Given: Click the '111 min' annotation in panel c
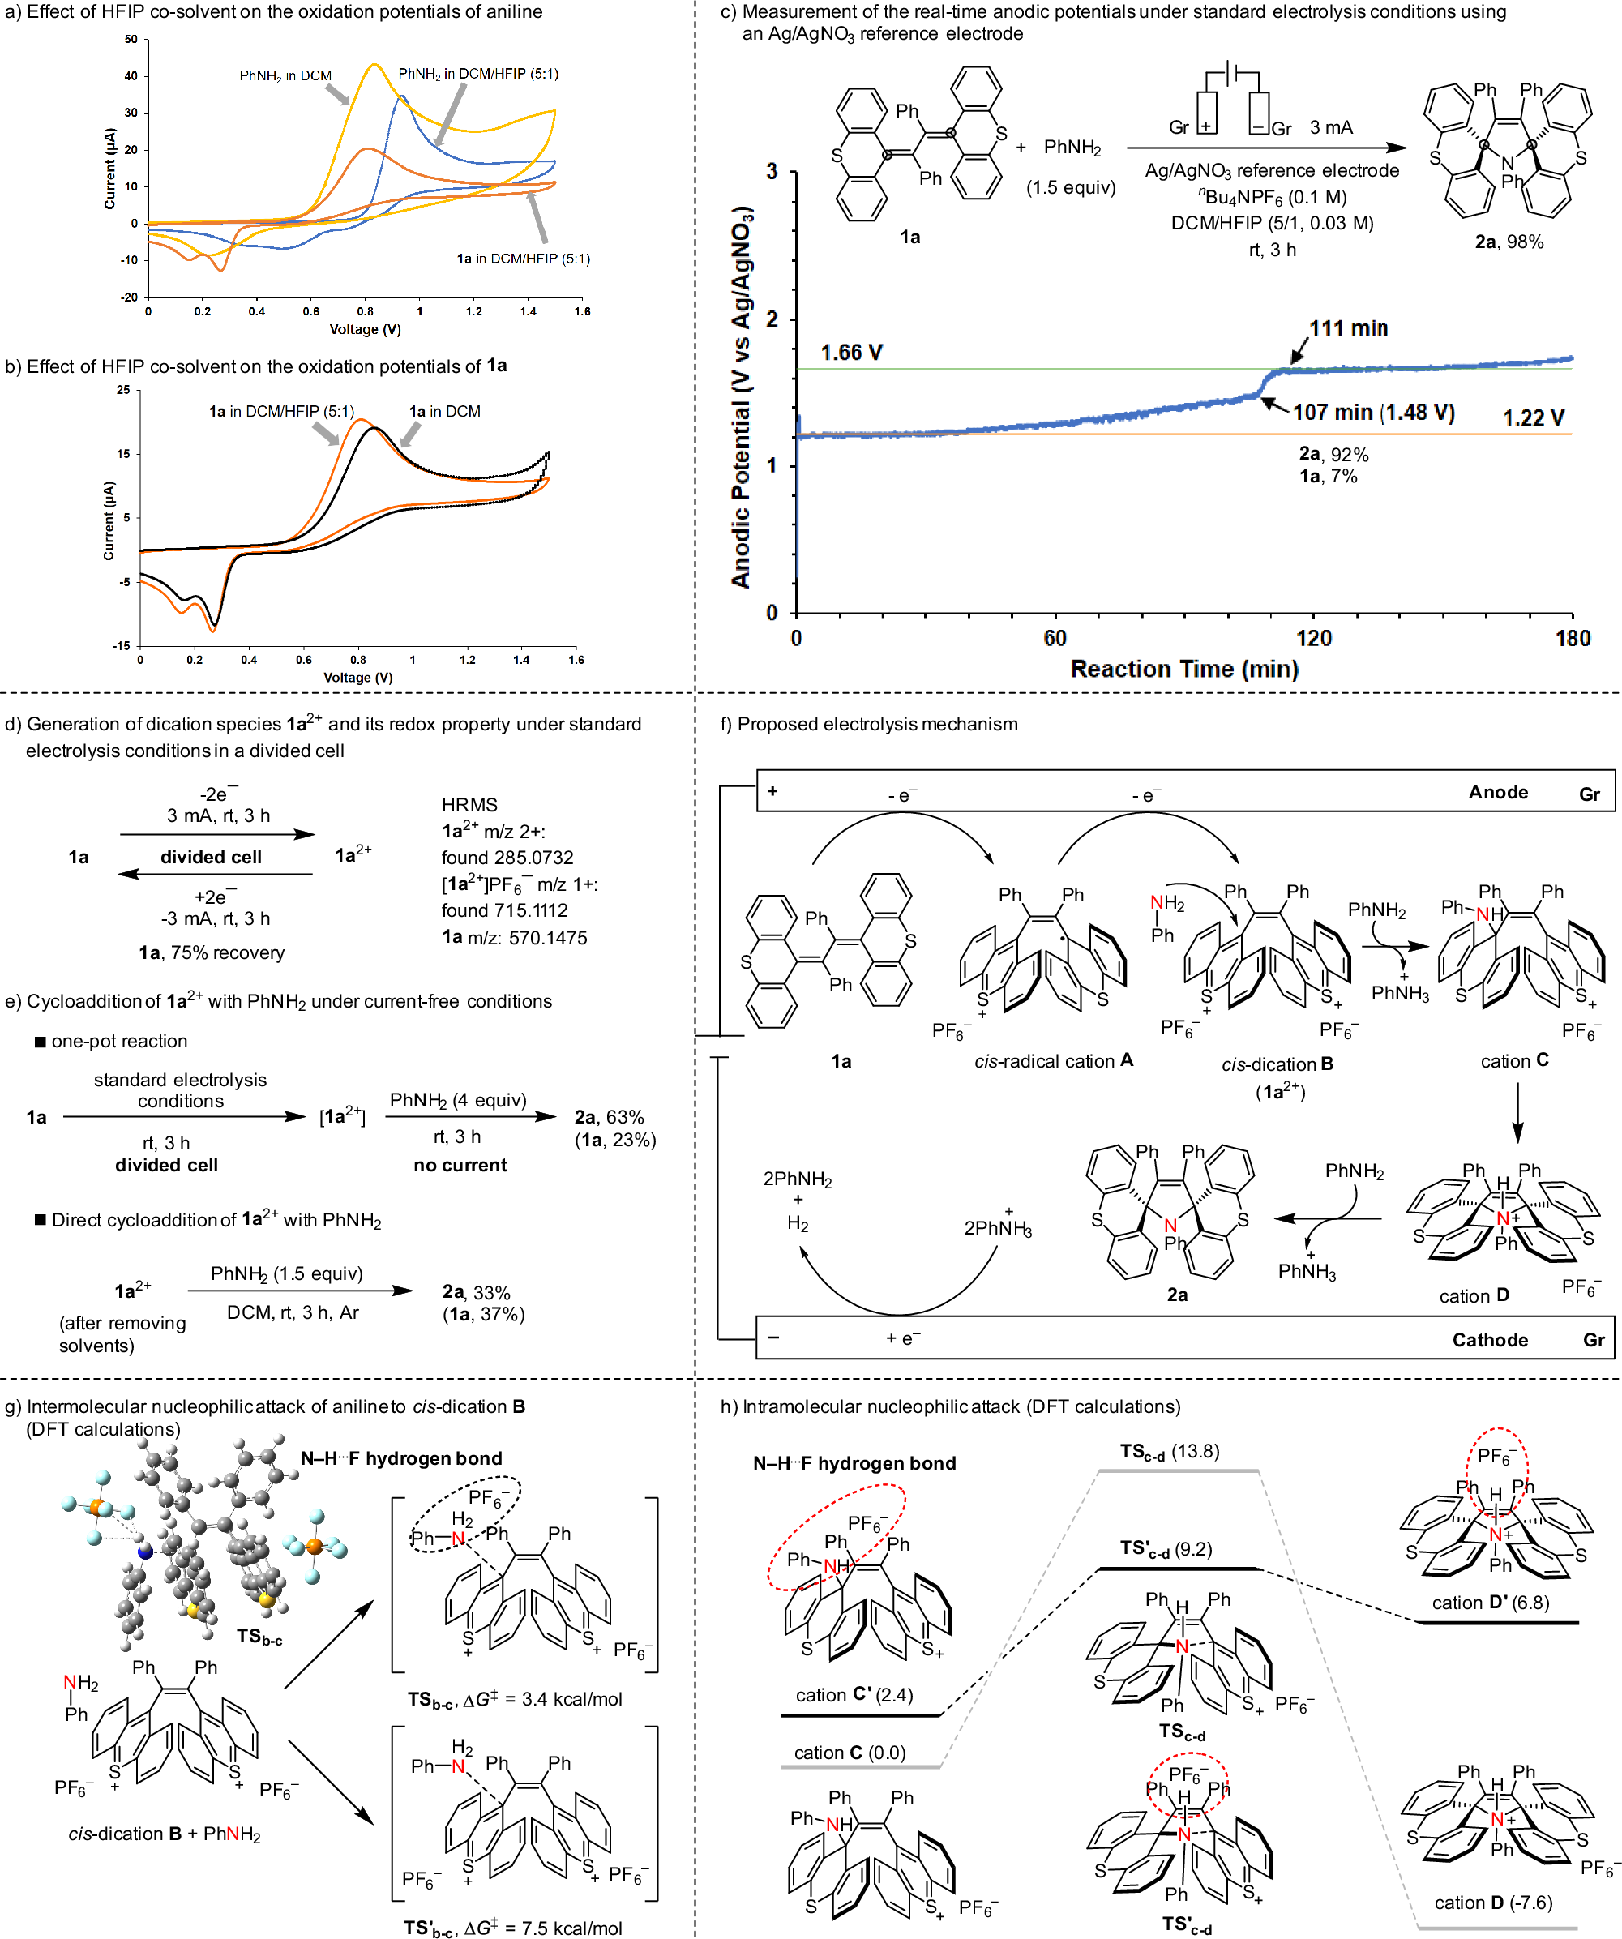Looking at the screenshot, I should [x=1347, y=329].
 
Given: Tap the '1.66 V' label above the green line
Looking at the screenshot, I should [x=851, y=353].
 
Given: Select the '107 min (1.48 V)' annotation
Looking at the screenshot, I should [x=1373, y=413].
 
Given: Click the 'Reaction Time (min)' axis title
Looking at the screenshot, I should [x=1183, y=670].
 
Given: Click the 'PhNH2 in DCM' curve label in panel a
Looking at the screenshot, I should [x=285, y=75].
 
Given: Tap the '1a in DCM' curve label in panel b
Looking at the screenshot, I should [x=444, y=412].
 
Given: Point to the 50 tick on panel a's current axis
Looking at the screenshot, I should [x=131, y=40].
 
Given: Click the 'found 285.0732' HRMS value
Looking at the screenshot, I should [x=507, y=858].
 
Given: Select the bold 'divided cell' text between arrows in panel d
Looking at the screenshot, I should [x=211, y=857].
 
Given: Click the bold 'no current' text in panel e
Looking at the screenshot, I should [x=460, y=1165].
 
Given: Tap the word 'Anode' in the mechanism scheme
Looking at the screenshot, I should [x=1497, y=792].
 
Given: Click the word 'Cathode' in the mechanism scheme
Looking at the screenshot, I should [x=1489, y=1340].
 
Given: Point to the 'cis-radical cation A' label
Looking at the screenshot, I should [x=1053, y=1061].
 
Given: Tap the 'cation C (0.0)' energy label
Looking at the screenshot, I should [x=850, y=1753].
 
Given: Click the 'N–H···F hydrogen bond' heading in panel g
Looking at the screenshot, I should [x=401, y=1459].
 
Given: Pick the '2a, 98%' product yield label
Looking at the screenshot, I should [x=1509, y=242].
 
